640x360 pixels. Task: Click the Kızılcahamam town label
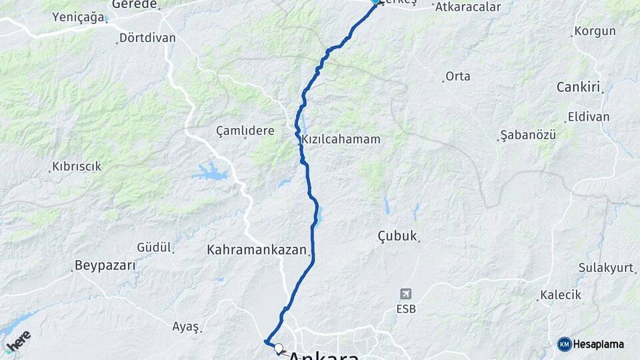pos(341,139)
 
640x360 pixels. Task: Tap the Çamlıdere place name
pos(245,131)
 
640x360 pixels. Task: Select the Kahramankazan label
pos(257,251)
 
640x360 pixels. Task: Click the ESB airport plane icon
pos(405,293)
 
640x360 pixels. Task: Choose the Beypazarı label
pos(105,265)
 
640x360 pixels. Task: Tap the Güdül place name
pos(154,247)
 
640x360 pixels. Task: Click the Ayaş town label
pos(185,326)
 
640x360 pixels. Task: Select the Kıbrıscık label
pos(77,166)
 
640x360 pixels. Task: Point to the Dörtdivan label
pos(147,38)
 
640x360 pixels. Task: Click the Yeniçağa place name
pos(79,17)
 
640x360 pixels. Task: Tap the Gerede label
pos(134,5)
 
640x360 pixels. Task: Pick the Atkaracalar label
pos(467,7)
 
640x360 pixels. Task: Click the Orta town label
pos(458,76)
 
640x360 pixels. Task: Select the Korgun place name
pos(595,31)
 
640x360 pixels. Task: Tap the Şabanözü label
pos(527,135)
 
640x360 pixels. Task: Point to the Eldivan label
pos(588,117)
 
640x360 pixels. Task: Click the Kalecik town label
pos(561,295)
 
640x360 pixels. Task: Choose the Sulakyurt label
pos(606,267)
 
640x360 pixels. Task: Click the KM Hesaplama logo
pos(591,344)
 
